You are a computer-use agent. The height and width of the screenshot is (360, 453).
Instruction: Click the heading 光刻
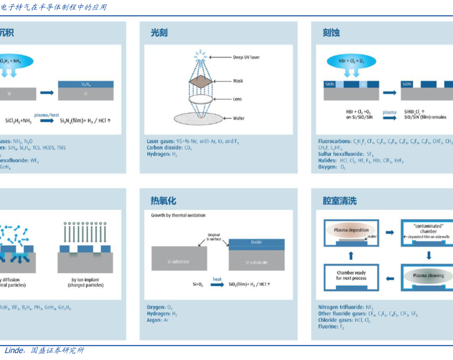[x=159, y=33]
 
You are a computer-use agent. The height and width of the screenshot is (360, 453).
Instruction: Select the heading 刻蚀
[x=331, y=33]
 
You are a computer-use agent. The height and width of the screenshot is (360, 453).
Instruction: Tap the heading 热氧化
[x=163, y=201]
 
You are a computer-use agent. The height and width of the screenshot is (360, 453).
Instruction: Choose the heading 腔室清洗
[x=339, y=201]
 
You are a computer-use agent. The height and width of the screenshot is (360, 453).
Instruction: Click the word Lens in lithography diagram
[x=237, y=99]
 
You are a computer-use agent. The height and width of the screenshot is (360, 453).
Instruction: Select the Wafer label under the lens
[x=238, y=118]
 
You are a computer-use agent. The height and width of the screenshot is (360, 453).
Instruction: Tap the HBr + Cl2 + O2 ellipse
[x=351, y=61]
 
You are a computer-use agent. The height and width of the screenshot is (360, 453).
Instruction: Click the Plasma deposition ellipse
[x=351, y=230]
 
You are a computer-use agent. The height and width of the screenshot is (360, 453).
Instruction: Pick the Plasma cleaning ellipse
[x=427, y=276]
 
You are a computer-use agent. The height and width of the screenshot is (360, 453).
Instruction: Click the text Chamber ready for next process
[x=352, y=275]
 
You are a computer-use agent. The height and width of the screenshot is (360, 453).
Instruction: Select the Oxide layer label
[x=256, y=242]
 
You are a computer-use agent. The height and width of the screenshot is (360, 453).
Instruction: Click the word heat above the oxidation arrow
[x=217, y=279]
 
